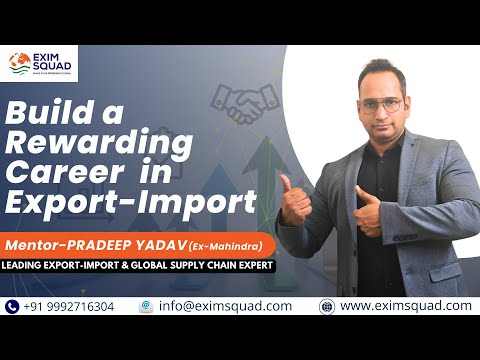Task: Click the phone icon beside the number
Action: [12, 306]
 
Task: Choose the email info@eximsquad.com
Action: [229, 306]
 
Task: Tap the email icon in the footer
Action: [146, 306]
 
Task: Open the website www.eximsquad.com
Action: [405, 306]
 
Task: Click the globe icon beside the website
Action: [326, 306]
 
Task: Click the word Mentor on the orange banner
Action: [37, 244]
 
